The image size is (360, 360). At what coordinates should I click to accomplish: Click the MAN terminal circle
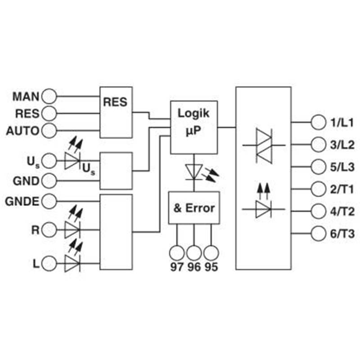(x=49, y=96)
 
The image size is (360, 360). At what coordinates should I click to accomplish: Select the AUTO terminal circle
(x=49, y=130)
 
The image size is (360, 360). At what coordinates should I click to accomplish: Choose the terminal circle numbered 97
(x=177, y=253)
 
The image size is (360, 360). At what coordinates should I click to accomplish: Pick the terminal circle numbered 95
(x=211, y=253)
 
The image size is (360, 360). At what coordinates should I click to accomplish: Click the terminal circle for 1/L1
(x=319, y=122)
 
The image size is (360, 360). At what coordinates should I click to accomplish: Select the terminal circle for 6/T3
(x=319, y=234)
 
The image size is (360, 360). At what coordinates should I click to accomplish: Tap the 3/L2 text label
(x=342, y=145)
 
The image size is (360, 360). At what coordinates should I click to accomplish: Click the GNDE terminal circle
(x=49, y=201)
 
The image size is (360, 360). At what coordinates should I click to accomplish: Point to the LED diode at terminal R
(x=72, y=229)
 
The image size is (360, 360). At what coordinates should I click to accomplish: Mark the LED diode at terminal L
(x=72, y=263)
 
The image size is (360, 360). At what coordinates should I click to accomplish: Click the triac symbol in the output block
(x=264, y=146)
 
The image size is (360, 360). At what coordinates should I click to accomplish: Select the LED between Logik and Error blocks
(x=194, y=172)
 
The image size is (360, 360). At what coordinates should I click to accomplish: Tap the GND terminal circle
(x=49, y=181)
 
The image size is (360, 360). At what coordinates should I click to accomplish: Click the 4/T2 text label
(x=342, y=211)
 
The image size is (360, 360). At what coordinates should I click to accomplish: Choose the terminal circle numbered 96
(x=194, y=253)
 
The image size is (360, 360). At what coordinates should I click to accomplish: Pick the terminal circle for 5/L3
(x=319, y=167)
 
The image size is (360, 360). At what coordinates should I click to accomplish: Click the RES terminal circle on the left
(x=49, y=113)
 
